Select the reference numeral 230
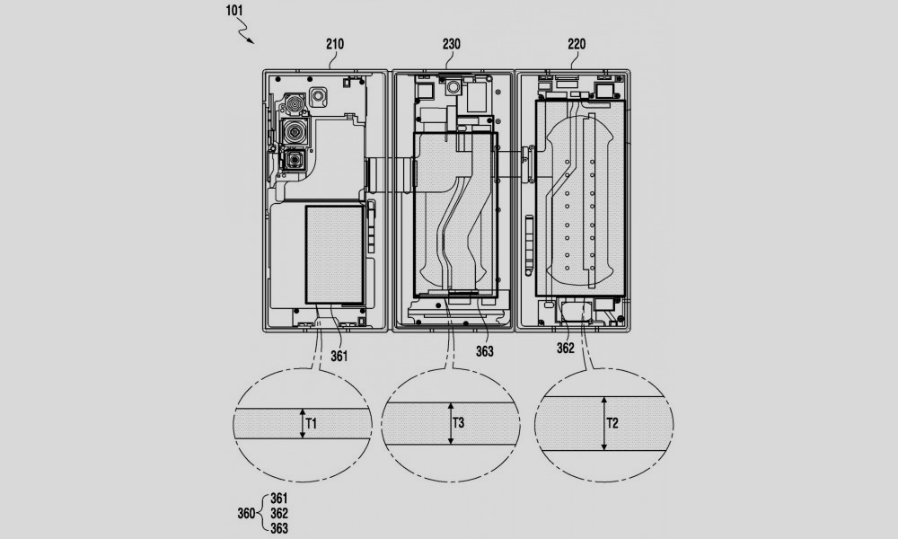point(452,42)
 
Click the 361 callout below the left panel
point(339,356)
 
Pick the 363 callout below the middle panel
point(484,351)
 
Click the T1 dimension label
point(312,421)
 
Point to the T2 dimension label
point(613,421)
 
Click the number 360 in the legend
point(244,513)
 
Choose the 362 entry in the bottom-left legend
point(278,513)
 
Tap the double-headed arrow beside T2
point(603,421)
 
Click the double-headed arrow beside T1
point(303,421)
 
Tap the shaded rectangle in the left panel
point(334,253)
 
